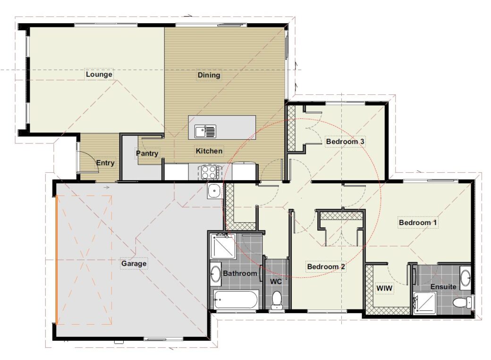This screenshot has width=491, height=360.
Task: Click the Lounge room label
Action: click(99, 74)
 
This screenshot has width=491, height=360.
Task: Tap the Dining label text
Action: click(209, 75)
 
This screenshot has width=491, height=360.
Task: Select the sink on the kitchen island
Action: click(205, 131)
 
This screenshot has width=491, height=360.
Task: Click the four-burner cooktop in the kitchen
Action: click(210, 172)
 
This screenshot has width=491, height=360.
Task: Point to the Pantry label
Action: click(147, 153)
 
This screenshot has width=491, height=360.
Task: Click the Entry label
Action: click(105, 163)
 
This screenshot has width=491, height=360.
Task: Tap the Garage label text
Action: click(134, 263)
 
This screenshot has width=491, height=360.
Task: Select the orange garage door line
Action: click(57, 260)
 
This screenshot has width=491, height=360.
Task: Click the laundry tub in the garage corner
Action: click(214, 191)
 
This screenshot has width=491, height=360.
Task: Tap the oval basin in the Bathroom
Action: click(215, 274)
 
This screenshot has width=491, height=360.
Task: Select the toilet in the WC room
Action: click(277, 299)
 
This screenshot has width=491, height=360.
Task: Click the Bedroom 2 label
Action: click(326, 267)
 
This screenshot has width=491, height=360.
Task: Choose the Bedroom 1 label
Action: click(418, 222)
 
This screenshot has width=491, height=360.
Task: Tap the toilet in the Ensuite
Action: click(460, 301)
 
